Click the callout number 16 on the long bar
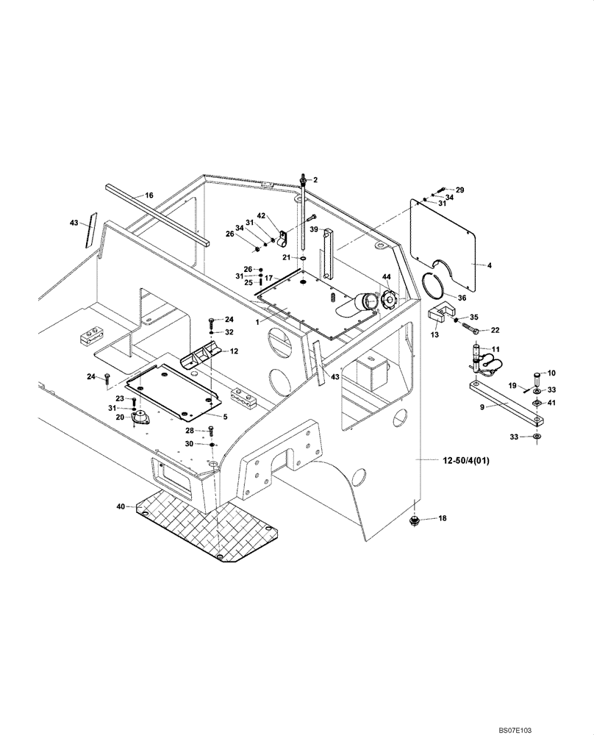(x=148, y=196)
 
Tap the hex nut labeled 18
(x=414, y=521)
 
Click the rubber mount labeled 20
(x=138, y=418)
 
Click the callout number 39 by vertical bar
(x=313, y=229)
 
